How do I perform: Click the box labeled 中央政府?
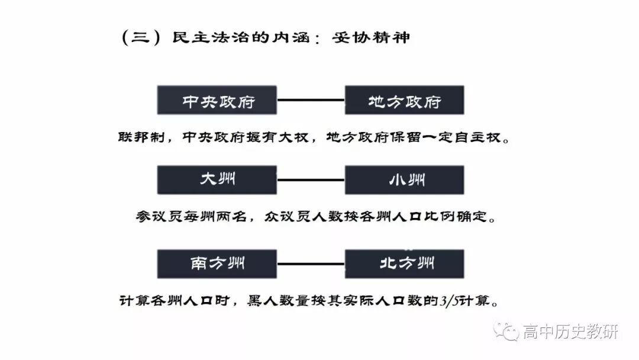[x=217, y=100]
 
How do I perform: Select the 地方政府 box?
[x=404, y=100]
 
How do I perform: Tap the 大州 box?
[x=217, y=179]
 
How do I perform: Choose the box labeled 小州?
[x=404, y=179]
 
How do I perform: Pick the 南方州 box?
[x=217, y=263]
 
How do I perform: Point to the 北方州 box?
[x=404, y=263]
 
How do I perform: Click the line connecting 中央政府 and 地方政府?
[x=311, y=100]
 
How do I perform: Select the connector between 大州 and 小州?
[x=311, y=179]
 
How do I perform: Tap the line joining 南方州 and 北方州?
[x=311, y=263]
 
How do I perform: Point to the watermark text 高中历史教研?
[x=570, y=332]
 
